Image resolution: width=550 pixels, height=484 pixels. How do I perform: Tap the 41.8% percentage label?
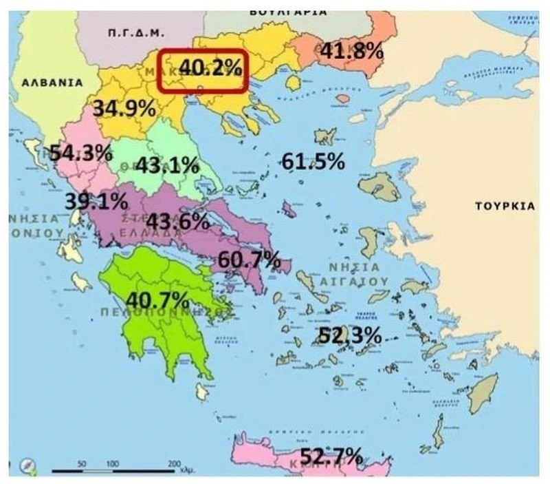point(349,50)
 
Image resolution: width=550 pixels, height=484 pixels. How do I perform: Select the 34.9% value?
point(124,108)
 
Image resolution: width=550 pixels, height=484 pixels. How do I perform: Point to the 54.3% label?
point(80,153)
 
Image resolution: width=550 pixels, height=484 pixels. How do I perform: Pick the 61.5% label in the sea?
point(313,162)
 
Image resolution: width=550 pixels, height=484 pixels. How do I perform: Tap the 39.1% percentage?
point(96,201)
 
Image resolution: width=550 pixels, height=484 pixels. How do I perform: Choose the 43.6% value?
point(177,221)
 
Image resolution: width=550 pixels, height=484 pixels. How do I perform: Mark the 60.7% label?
point(249,260)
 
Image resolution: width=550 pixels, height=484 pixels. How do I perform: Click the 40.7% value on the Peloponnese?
point(157,300)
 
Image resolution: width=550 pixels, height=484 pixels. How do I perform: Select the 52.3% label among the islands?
point(349,335)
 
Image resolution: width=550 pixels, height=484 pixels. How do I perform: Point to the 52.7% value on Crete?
point(331,456)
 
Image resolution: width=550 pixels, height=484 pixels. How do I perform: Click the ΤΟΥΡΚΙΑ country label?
point(505,206)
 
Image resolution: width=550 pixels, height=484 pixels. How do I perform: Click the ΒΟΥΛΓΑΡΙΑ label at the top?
point(298,12)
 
